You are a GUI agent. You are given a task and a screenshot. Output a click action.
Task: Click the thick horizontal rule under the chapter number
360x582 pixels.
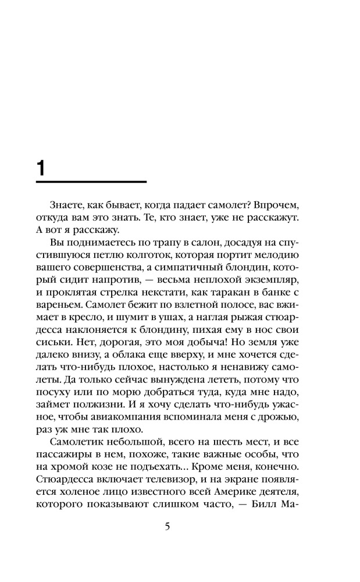click(x=91, y=182)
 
